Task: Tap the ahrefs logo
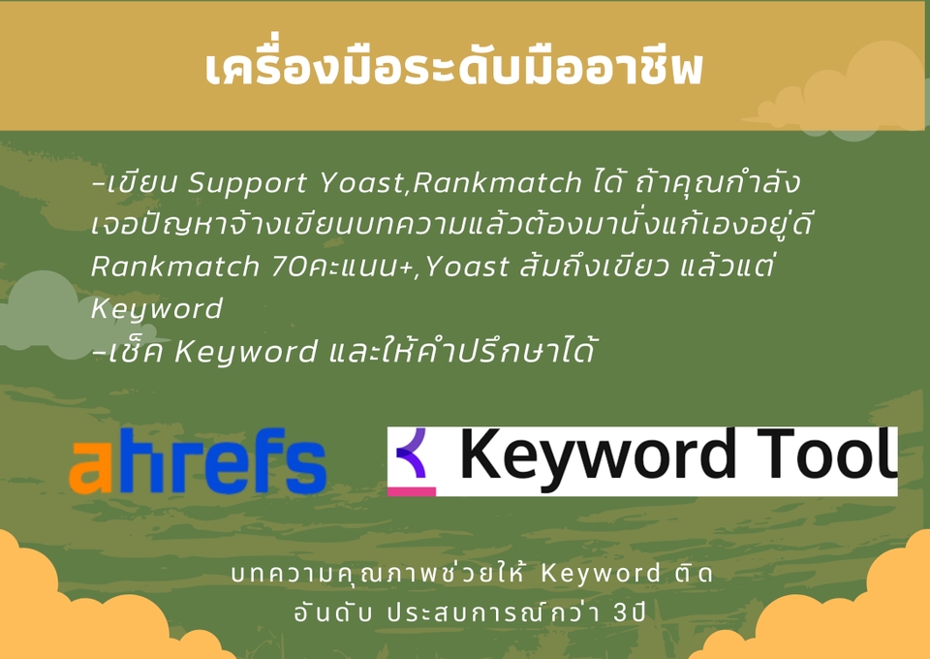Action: pyautogui.click(x=198, y=462)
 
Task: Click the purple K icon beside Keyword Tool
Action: pyautogui.click(x=413, y=454)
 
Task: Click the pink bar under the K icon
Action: pyautogui.click(x=412, y=491)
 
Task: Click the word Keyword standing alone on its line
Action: pyautogui.click(x=157, y=309)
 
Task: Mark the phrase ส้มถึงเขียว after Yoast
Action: pyautogui.click(x=580, y=267)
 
